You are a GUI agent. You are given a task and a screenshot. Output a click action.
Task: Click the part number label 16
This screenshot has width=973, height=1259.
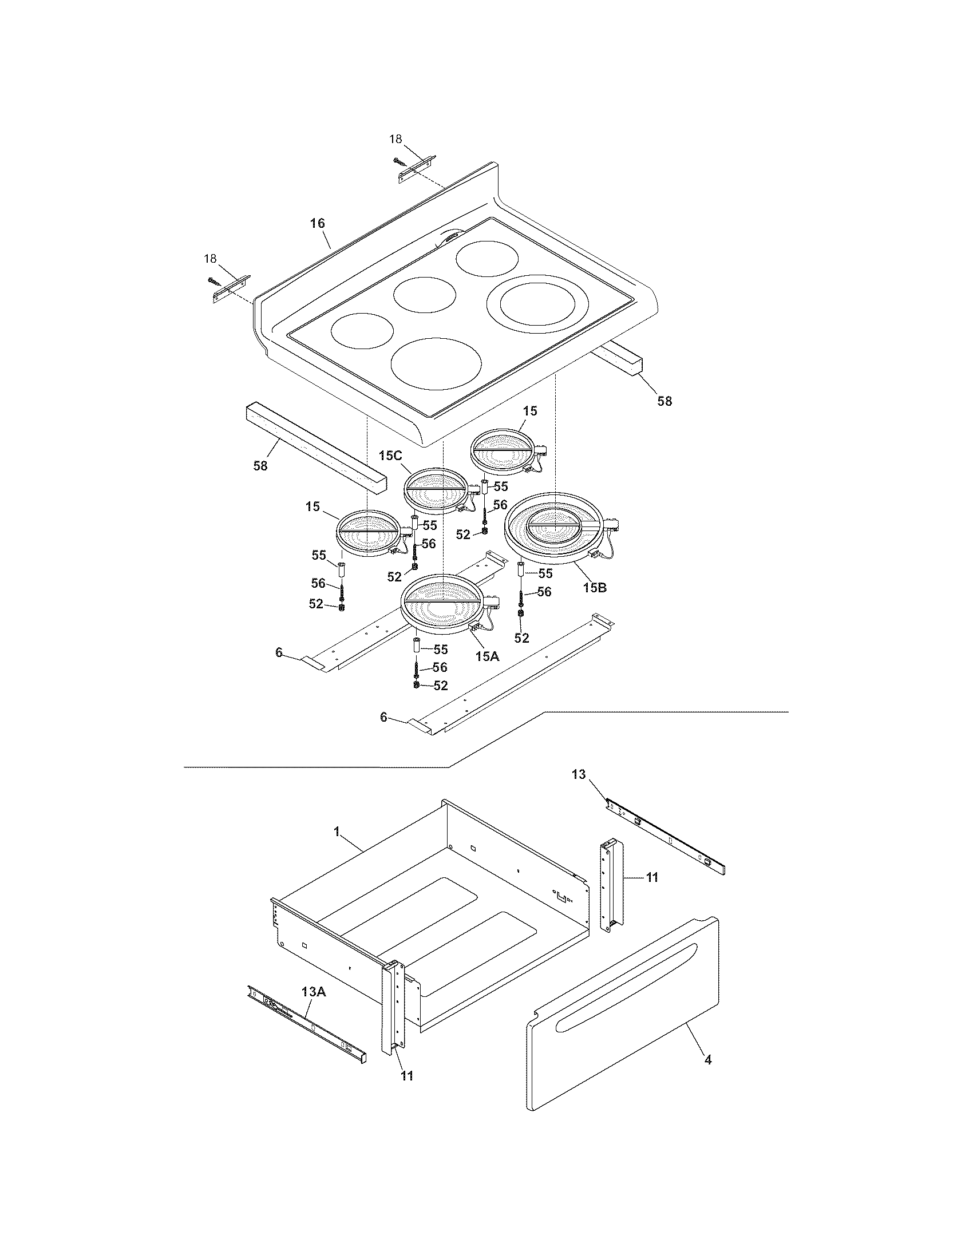318,223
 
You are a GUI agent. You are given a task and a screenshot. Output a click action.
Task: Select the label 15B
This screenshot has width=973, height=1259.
594,588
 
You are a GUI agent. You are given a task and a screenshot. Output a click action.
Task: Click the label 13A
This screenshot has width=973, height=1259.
313,991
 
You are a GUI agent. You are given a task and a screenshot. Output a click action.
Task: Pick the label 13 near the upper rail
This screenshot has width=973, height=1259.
578,774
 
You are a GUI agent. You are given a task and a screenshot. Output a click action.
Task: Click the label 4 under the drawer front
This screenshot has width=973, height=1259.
708,1059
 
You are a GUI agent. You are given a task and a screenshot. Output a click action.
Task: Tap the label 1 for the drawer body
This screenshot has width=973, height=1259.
337,832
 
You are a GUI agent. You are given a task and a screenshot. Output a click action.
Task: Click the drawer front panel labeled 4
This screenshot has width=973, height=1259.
623,1032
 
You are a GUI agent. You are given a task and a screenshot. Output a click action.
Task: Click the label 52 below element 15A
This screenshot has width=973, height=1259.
440,686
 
